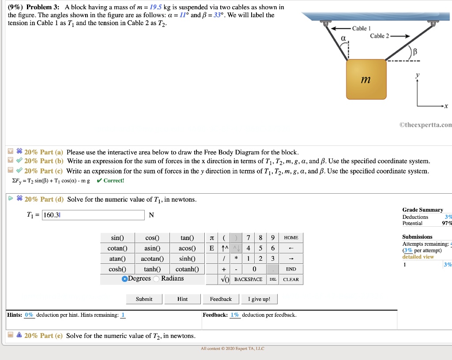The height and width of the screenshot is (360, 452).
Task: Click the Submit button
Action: [144, 299]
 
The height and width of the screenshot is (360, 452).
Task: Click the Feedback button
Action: [221, 299]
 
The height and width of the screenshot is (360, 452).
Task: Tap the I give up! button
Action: [260, 299]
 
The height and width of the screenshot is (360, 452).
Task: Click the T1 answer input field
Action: [93, 215]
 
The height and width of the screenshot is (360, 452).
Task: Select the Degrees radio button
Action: [125, 279]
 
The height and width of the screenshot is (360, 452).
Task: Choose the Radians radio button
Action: [157, 279]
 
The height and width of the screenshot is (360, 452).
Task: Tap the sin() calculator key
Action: [117, 238]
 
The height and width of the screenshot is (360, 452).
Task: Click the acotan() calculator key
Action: [152, 259]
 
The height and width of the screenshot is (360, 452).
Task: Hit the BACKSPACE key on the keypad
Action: [248, 279]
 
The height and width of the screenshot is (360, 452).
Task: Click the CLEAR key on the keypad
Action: [291, 279]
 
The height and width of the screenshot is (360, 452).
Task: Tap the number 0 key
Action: [254, 269]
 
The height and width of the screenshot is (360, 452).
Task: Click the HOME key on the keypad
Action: [291, 238]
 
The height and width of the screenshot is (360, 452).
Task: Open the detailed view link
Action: [418, 257]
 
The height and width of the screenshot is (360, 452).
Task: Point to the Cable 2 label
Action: [379, 36]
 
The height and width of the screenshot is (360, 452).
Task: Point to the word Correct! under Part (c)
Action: [114, 180]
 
